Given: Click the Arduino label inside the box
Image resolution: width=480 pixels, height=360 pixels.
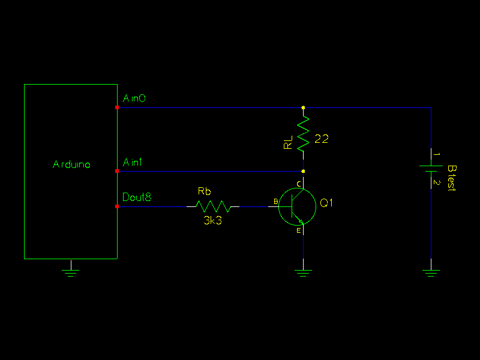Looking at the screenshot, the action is (71, 164).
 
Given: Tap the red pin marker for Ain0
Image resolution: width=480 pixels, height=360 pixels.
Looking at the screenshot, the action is (117, 107).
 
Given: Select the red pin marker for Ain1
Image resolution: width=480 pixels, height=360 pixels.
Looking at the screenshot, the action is (117, 171).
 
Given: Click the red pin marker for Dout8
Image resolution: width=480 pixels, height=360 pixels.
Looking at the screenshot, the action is (117, 206).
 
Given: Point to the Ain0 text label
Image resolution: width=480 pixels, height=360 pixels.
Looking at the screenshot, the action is (134, 98).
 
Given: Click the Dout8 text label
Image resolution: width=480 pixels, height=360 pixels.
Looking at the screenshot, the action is (137, 197).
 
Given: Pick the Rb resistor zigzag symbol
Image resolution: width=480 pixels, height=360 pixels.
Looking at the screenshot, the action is (213, 206).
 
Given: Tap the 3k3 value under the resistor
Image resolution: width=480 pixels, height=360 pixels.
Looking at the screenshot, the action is (213, 220).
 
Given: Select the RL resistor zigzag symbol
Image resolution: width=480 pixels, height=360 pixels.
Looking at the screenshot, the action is (304, 134).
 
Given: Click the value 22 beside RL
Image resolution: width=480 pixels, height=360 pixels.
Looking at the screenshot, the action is (322, 139).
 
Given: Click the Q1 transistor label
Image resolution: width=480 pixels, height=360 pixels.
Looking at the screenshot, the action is (326, 203).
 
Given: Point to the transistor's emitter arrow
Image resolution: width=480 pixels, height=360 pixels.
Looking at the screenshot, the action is (301, 221).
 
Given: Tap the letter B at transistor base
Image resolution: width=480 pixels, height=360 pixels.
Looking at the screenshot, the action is (276, 202).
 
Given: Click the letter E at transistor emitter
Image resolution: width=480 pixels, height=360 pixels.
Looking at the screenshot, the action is (299, 230).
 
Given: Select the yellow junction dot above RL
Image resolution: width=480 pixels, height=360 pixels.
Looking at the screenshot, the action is (304, 107).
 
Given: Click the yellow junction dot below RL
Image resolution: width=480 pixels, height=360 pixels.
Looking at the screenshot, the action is (304, 171).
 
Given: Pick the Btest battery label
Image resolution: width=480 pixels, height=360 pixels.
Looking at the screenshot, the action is (452, 178).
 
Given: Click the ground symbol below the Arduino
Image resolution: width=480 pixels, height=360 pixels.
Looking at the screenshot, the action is (71, 273).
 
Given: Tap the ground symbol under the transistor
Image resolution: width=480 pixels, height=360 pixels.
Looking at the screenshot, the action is (304, 273).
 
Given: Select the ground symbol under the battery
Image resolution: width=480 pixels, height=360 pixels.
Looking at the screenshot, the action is (431, 273).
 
